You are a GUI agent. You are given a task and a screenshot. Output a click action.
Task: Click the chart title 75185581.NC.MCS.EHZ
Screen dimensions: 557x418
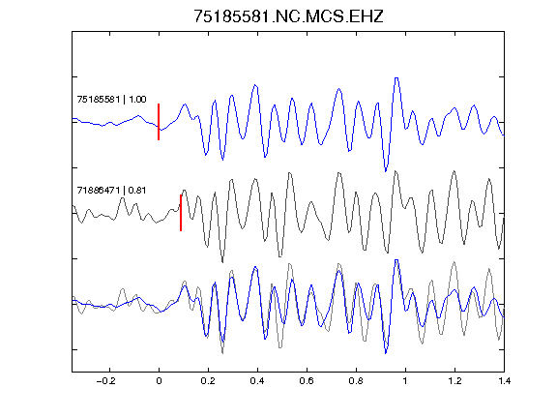(288, 16)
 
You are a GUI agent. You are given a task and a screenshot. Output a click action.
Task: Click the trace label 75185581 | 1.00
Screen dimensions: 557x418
(111, 99)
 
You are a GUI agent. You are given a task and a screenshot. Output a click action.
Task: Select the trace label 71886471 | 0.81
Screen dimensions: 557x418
(111, 191)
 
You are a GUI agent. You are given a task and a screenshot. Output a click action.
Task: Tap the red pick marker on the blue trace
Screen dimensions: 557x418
(159, 122)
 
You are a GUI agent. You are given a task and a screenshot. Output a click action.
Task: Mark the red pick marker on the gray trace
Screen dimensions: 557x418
(181, 213)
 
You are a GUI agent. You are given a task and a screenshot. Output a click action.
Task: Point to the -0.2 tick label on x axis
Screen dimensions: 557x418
(106, 381)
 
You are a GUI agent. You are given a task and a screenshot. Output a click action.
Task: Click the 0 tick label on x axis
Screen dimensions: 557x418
(159, 381)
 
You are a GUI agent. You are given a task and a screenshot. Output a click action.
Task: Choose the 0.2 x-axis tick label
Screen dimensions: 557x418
(208, 381)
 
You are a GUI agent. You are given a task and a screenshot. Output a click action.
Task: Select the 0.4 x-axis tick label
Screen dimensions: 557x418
(257, 381)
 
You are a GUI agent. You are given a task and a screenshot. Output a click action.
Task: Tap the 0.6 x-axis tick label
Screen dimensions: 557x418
(307, 381)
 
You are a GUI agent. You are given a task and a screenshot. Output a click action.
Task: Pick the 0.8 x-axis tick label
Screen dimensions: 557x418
(356, 381)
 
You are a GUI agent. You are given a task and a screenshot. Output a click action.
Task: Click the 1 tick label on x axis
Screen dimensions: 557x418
(405, 381)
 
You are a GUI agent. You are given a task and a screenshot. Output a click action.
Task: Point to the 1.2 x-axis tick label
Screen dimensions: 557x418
(454, 381)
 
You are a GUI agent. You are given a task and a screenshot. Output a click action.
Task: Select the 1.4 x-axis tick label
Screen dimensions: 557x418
(504, 381)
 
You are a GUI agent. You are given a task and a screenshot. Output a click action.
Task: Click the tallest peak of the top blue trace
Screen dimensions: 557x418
(396, 77)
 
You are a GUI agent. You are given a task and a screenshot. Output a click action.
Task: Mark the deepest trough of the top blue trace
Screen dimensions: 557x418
(386, 171)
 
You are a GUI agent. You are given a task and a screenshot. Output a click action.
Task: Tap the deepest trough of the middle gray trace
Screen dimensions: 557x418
(222, 262)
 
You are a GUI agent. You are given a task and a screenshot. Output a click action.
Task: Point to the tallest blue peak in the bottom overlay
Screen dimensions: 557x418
(396, 260)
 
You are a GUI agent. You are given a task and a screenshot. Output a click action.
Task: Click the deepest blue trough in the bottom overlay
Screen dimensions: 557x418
(386, 353)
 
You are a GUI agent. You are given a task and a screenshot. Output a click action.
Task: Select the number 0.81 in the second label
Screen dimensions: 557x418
(137, 191)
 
